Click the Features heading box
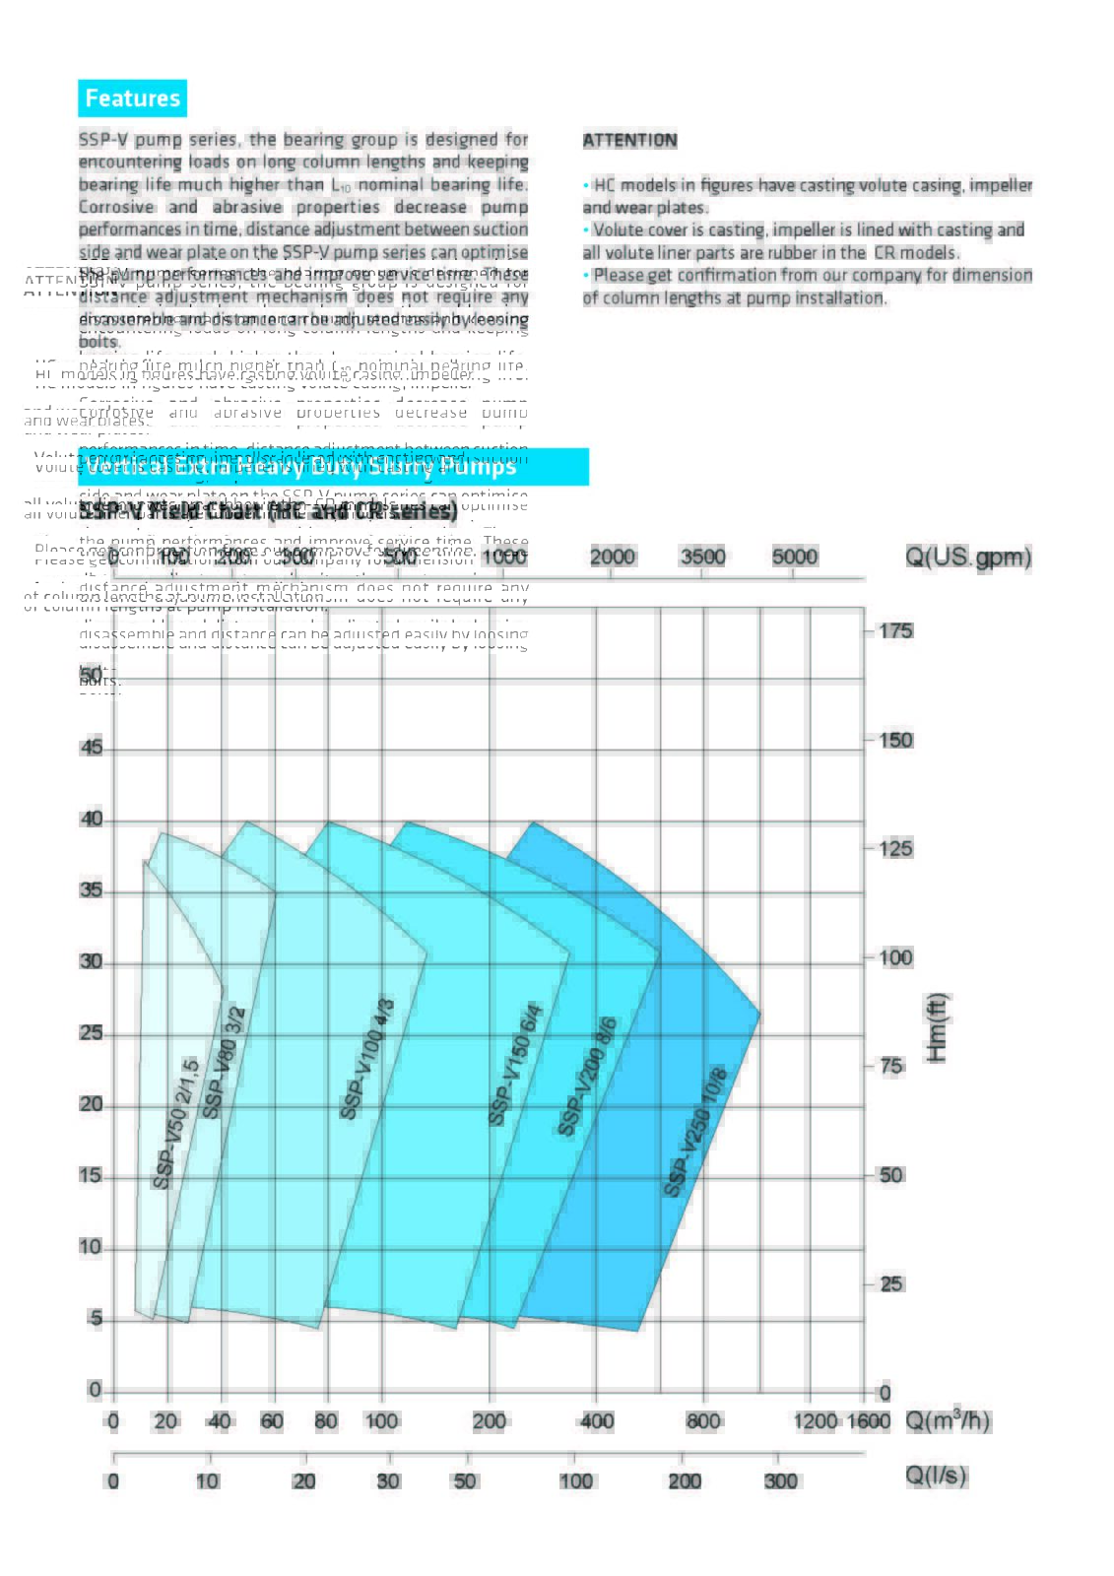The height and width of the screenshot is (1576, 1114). coord(132,98)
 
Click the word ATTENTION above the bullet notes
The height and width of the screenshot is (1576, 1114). coord(629,140)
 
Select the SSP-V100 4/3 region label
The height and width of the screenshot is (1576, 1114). coord(366,1059)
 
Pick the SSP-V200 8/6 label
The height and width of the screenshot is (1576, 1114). coord(587,1076)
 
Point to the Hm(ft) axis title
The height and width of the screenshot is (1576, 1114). coord(936,1027)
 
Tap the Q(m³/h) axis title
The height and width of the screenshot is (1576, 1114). coord(948,1420)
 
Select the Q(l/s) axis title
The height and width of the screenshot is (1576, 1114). coord(936,1476)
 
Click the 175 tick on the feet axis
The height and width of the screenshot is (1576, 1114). coord(895,630)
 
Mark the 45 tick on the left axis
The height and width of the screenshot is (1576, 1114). coord(92,748)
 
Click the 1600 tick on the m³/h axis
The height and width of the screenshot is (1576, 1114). coord(869,1421)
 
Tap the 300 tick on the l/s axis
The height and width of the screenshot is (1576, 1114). coord(780,1481)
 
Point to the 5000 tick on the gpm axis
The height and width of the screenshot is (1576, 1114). coord(795,557)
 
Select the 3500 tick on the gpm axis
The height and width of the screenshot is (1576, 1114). coord(703,557)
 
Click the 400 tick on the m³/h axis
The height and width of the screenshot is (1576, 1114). coord(596,1421)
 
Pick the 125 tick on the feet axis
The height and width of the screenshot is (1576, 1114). coord(895,848)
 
